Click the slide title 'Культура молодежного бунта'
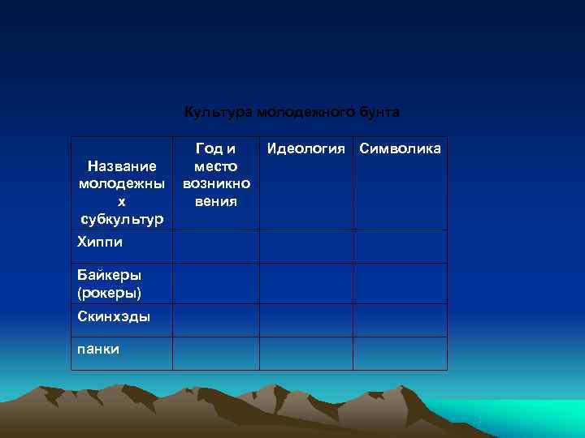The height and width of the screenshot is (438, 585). pos(292,111)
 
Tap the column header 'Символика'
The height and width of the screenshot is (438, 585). pos(401,148)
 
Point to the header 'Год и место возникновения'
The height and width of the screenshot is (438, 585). pos(216,174)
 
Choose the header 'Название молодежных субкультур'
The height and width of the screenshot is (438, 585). pos(122,192)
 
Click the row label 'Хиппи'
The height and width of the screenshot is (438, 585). pos(98,242)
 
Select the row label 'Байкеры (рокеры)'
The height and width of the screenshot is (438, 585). pos(110,283)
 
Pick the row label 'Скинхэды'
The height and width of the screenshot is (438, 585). pos(113,316)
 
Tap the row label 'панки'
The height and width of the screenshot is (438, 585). pos(98,349)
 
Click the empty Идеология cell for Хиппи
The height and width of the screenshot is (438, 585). pos(305,247)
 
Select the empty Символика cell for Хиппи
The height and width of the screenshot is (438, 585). pos(400,247)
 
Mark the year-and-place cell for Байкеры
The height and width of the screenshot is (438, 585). pos(216,283)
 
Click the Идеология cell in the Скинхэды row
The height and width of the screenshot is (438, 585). pos(305,320)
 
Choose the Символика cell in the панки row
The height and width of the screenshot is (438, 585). pos(400,353)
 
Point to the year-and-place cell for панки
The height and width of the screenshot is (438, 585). pos(216,353)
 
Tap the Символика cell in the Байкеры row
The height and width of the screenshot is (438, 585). pos(400,283)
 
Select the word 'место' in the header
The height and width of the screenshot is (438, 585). pos(216,165)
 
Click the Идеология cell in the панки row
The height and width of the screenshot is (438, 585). pos(305,353)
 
